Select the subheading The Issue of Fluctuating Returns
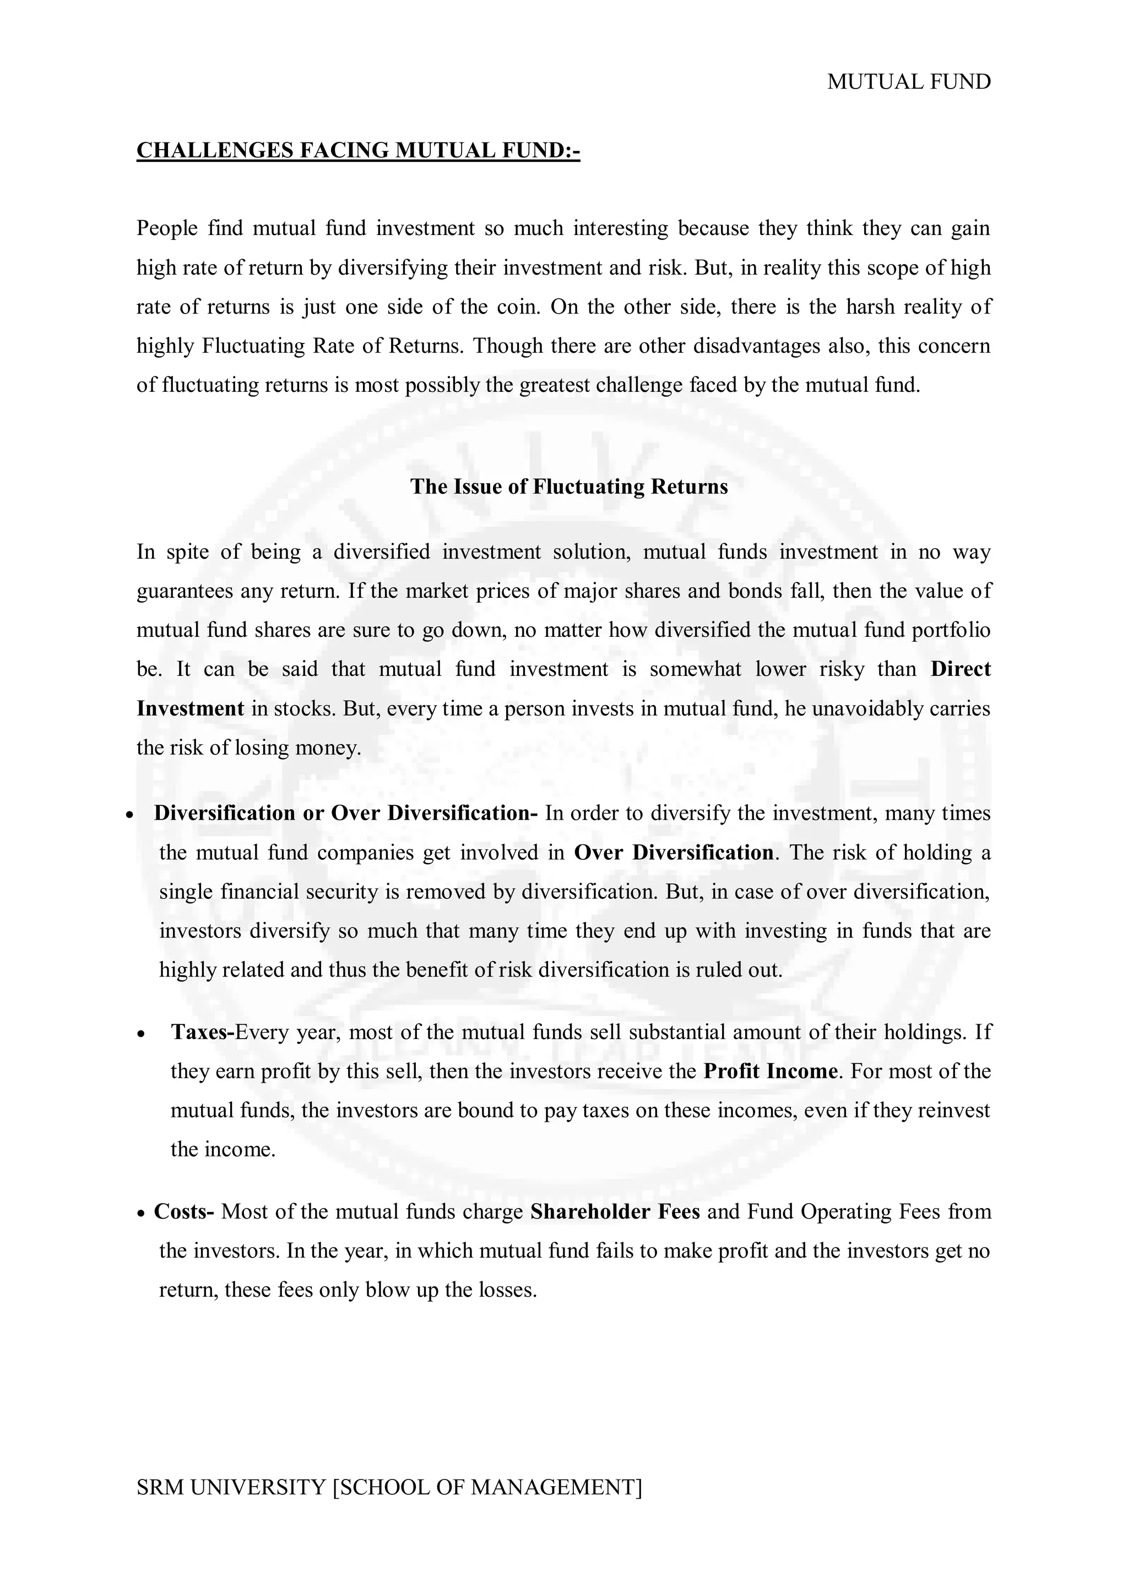(569, 487)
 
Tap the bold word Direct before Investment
(961, 669)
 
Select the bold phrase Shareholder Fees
(615, 1211)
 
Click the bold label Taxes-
(202, 1033)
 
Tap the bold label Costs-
(184, 1211)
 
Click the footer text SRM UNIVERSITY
(231, 1488)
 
